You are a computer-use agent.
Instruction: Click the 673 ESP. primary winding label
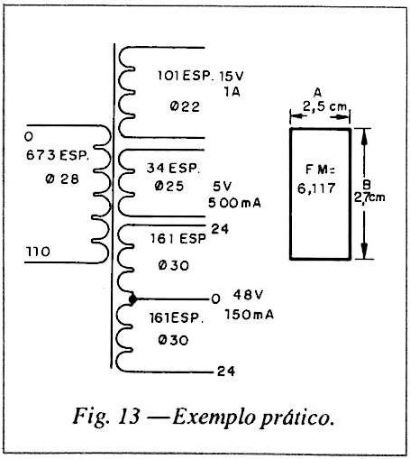pyautogui.click(x=58, y=155)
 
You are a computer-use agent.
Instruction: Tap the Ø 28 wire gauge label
pyautogui.click(x=62, y=179)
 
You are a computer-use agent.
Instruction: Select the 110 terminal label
pyautogui.click(x=38, y=252)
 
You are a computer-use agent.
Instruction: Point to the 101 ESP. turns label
pyautogui.click(x=186, y=76)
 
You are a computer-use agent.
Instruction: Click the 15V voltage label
pyautogui.click(x=232, y=77)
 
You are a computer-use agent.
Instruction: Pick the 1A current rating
pyautogui.click(x=232, y=92)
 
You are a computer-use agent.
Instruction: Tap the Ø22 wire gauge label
pyautogui.click(x=185, y=106)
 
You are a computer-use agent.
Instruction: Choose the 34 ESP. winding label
pyautogui.click(x=173, y=168)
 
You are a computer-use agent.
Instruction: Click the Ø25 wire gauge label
pyautogui.click(x=169, y=186)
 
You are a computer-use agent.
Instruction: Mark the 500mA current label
pyautogui.click(x=234, y=203)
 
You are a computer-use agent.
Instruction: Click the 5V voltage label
pyautogui.click(x=223, y=187)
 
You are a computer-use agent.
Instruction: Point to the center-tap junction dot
pyautogui.click(x=132, y=299)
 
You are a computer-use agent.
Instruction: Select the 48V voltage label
pyautogui.click(x=248, y=295)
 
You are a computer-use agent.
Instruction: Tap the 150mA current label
pyautogui.click(x=250, y=315)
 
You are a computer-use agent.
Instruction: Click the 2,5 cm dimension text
pyautogui.click(x=324, y=106)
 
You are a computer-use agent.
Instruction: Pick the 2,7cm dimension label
pyautogui.click(x=369, y=197)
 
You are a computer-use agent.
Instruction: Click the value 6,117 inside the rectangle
pyautogui.click(x=316, y=188)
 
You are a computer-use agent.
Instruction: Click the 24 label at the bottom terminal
pyautogui.click(x=226, y=372)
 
